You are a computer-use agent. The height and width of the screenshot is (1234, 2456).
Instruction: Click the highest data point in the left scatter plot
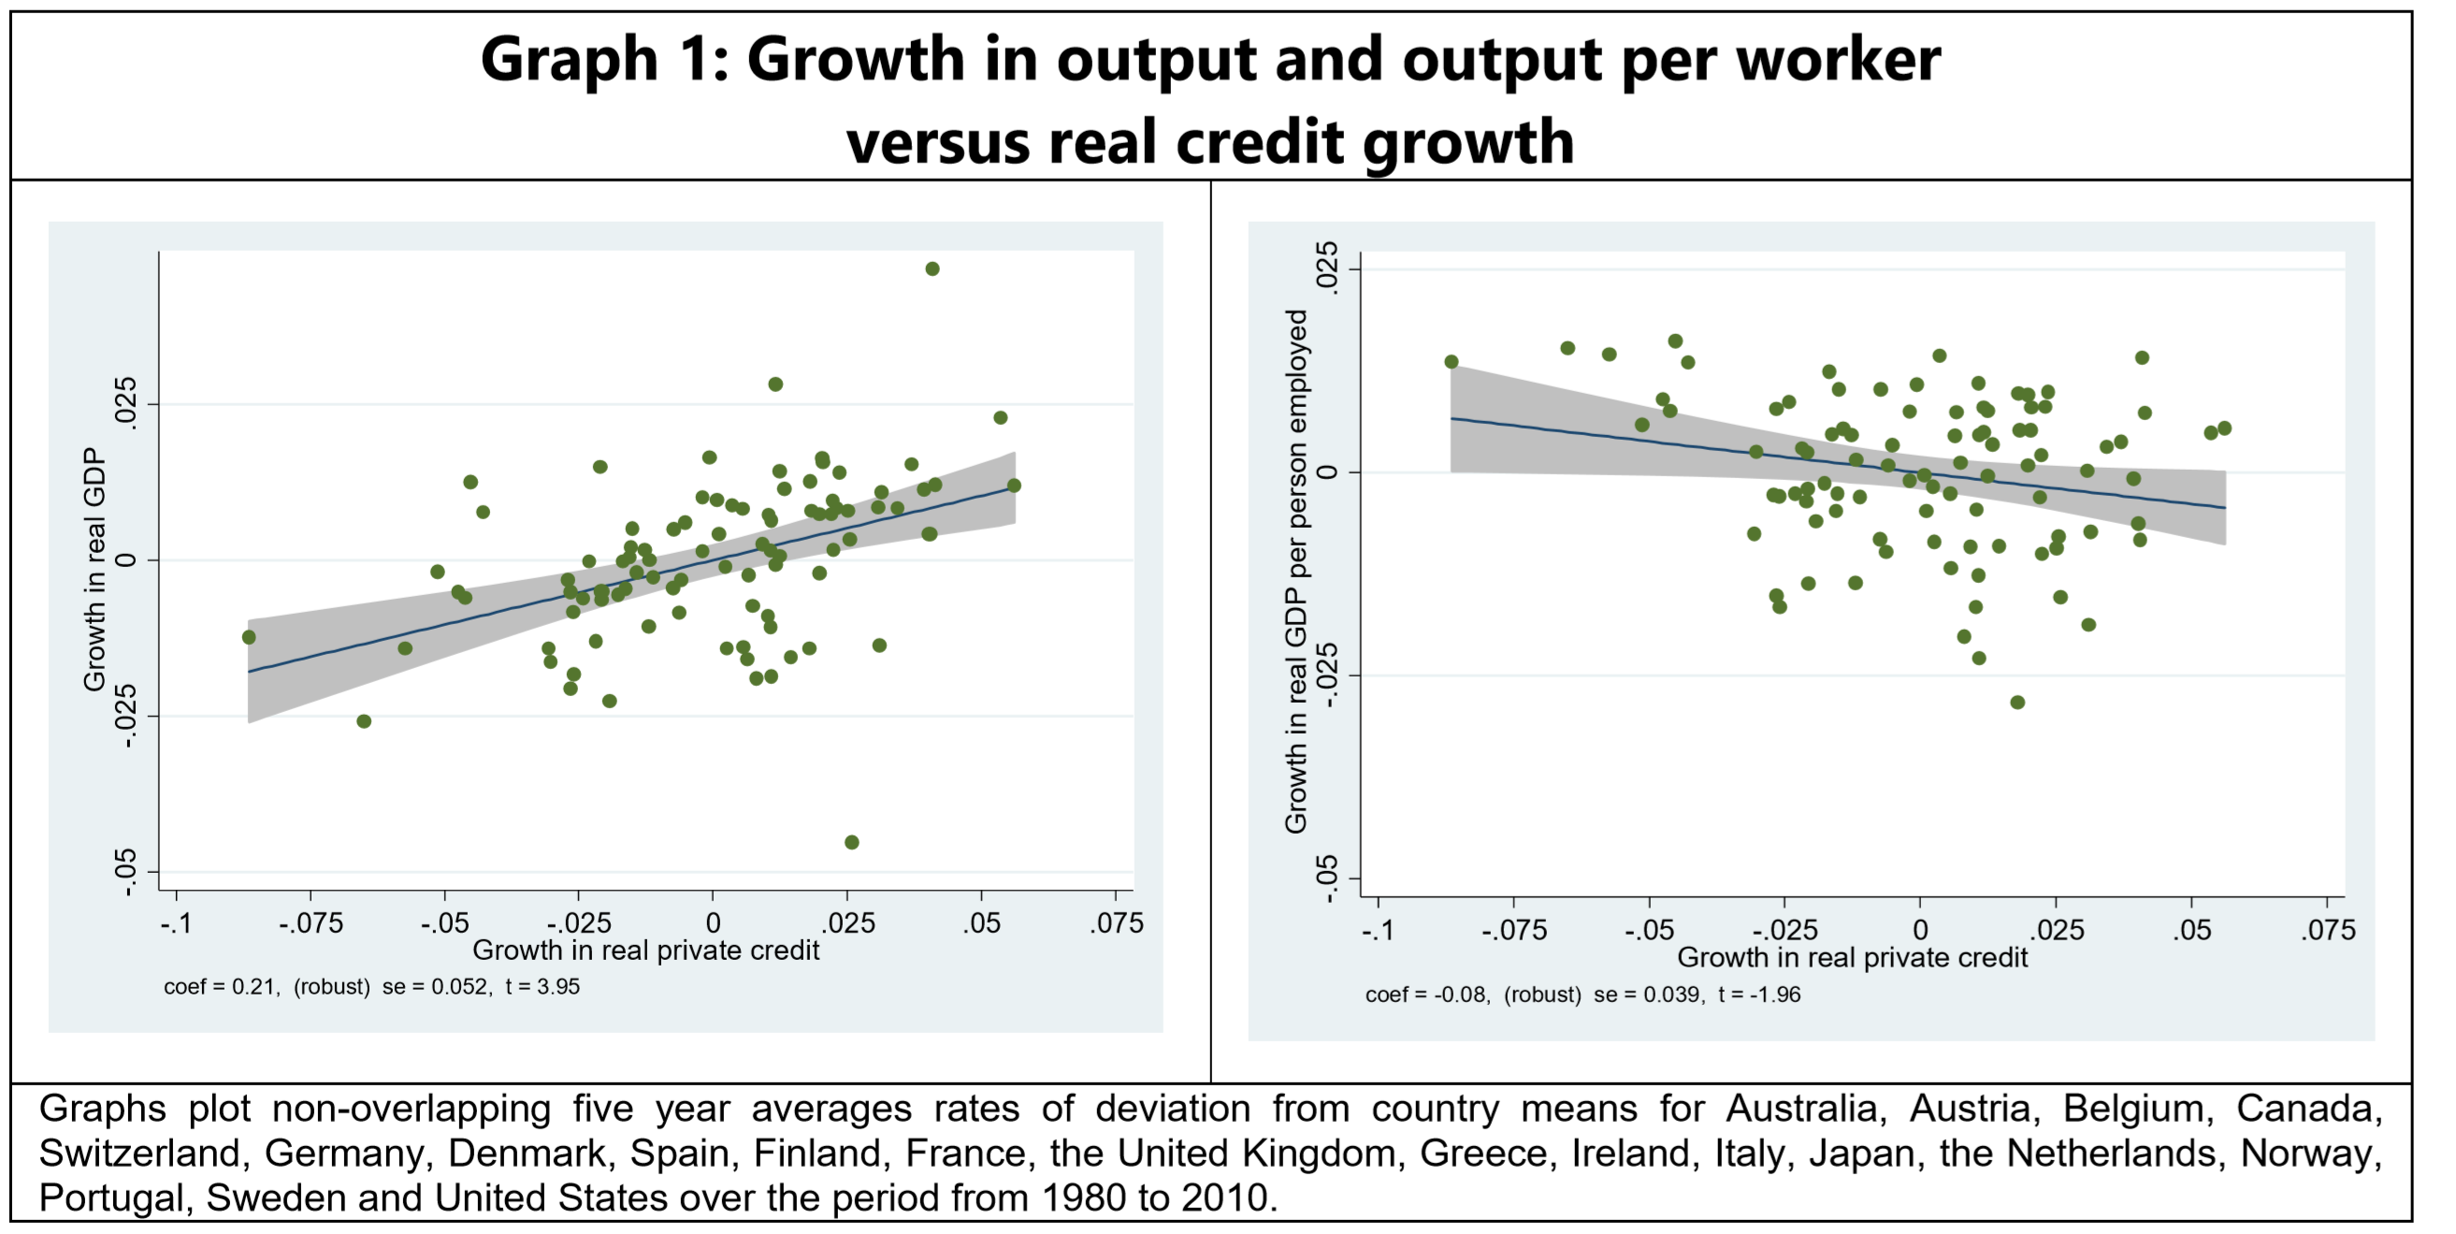click(932, 269)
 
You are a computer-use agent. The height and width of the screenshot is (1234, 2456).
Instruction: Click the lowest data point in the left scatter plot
click(851, 842)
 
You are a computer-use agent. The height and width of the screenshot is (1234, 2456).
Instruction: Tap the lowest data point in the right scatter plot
click(2017, 703)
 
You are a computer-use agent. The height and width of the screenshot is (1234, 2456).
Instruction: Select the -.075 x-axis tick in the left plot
click(311, 923)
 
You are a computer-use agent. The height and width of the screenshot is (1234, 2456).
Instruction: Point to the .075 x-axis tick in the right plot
click(2327, 930)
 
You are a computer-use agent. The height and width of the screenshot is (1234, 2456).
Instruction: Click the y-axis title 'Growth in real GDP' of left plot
click(94, 570)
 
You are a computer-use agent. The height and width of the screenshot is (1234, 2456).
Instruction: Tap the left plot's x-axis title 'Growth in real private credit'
click(645, 951)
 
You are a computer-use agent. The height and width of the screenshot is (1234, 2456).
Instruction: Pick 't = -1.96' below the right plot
click(1759, 994)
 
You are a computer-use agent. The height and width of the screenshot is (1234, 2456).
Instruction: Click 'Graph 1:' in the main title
click(604, 59)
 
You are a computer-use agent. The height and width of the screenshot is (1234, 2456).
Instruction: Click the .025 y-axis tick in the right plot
click(1327, 269)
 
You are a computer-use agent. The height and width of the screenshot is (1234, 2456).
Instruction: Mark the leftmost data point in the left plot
click(249, 637)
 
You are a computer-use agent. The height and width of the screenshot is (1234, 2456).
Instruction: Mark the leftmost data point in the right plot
click(1452, 362)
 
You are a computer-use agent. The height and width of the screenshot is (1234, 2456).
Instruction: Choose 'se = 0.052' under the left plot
click(437, 987)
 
